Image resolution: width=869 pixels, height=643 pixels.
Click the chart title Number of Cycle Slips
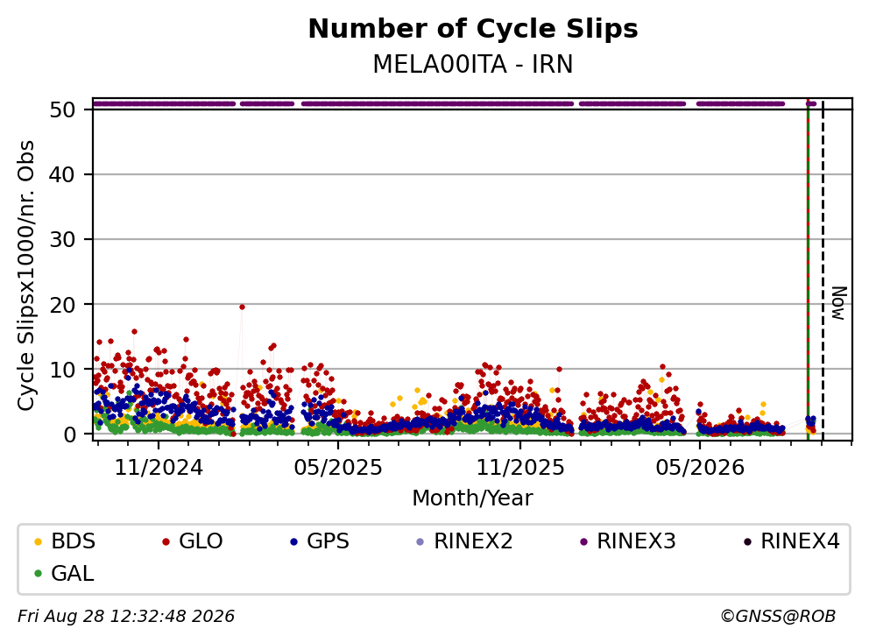[473, 29]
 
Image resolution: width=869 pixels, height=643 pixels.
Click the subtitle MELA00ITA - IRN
[473, 64]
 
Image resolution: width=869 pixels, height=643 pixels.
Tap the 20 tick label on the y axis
[62, 304]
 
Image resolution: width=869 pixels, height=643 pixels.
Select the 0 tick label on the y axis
[69, 434]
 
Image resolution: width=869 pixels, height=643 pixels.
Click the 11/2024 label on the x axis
[159, 468]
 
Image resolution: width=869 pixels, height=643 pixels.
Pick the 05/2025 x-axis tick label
[338, 468]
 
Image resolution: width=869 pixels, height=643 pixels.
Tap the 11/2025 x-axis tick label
[520, 468]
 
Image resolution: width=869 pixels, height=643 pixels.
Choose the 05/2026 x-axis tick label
[700, 468]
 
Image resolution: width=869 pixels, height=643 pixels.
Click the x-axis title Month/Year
[472, 498]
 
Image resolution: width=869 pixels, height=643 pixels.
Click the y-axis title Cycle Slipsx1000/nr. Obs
[26, 275]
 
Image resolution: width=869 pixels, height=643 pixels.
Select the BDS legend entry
[65, 541]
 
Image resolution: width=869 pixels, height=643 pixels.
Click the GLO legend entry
[193, 541]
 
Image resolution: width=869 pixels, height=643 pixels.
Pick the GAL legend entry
[64, 573]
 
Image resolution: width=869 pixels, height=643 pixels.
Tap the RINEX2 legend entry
[465, 541]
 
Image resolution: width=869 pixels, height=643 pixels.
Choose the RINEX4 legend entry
[791, 541]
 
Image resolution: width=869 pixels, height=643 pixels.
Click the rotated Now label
[839, 303]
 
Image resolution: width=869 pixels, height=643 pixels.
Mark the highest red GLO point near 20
[242, 307]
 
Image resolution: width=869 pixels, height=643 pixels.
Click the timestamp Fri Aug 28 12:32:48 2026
[126, 617]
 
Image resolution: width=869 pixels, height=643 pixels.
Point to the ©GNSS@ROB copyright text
[778, 617]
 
